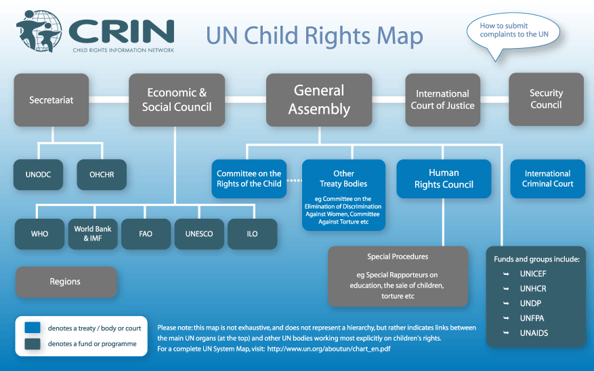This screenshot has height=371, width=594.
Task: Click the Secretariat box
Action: click(51, 100)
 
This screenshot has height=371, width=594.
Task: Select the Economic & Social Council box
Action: click(177, 100)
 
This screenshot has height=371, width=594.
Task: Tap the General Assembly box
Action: click(319, 100)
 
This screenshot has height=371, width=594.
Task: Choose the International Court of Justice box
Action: click(442, 100)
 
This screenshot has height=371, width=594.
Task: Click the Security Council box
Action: click(546, 100)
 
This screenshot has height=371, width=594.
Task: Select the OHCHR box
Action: click(102, 175)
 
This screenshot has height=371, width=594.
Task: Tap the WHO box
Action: click(40, 234)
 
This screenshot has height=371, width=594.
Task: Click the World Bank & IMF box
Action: click(93, 234)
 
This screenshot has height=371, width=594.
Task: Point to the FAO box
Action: click(146, 234)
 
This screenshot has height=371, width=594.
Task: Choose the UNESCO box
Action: click(199, 234)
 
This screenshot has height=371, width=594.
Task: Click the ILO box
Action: click(252, 234)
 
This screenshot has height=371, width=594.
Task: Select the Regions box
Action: click(66, 282)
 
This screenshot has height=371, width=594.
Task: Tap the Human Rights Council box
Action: click(444, 179)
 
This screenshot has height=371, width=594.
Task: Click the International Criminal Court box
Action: click(547, 179)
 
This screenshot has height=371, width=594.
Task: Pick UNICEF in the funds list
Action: click(533, 274)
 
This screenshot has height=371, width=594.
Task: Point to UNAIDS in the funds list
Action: click(534, 333)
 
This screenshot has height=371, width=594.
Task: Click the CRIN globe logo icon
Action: click(39, 31)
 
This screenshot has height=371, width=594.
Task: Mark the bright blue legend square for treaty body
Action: click(32, 328)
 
